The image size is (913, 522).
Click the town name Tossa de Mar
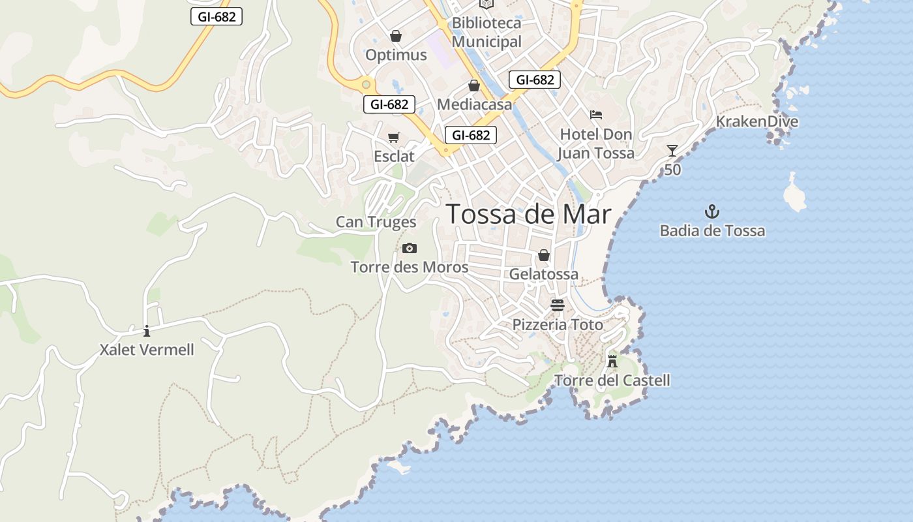528,214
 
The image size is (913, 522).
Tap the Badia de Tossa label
712,231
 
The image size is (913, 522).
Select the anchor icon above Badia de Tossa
712,211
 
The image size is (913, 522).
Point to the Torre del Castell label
612,380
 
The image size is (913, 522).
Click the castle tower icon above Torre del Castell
612,361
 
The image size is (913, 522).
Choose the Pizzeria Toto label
557,325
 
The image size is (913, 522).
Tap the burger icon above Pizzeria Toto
557,305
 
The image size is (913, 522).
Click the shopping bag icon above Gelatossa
543,255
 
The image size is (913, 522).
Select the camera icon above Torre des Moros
409,248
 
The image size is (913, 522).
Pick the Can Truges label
376,222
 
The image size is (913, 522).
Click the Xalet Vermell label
147,350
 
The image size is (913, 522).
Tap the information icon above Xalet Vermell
147,331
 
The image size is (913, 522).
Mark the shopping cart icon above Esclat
393,137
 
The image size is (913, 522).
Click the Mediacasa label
474,104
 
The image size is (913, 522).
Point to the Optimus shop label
396,55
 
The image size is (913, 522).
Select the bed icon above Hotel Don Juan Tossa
595,115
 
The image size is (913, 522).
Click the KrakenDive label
756,122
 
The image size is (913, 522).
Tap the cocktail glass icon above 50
672,151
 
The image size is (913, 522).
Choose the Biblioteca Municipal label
486,32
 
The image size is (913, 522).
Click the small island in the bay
794,194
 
